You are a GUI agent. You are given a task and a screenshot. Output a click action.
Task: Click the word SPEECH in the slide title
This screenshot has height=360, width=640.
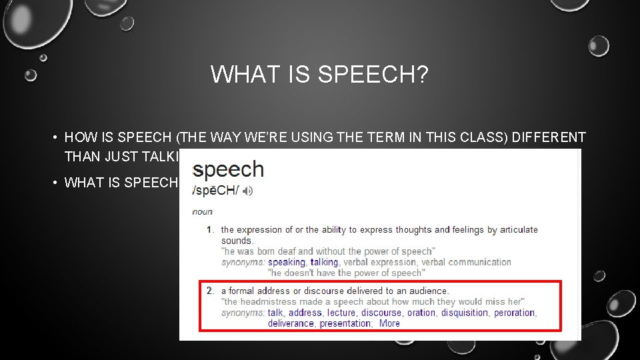(373, 74)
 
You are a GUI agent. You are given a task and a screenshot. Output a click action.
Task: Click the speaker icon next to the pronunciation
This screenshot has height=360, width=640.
(248, 191)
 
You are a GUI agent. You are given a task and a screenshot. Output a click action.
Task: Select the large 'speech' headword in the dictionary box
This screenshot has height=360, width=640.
(229, 169)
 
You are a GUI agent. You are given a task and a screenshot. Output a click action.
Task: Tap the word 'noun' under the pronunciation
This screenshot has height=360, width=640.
(202, 212)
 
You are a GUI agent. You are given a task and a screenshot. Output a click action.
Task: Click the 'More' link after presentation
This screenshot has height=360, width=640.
(389, 323)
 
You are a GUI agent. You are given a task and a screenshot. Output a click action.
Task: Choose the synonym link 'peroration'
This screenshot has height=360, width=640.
(514, 313)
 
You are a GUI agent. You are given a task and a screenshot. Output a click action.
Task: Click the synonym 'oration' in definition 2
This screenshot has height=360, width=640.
(421, 313)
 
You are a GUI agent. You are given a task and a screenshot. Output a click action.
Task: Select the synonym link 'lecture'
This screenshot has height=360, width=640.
(341, 313)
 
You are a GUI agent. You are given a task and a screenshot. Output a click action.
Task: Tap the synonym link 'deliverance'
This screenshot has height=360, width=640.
(291, 323)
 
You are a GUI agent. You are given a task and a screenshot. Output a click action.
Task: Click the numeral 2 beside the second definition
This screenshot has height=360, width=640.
(209, 291)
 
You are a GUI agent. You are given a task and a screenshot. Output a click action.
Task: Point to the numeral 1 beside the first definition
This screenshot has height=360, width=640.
(209, 230)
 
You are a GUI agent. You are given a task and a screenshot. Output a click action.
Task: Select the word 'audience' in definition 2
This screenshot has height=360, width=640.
(428, 291)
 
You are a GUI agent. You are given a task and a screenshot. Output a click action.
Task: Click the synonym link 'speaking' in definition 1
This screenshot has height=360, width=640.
(287, 262)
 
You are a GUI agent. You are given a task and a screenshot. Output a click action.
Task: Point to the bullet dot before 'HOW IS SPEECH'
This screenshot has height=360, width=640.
(52, 139)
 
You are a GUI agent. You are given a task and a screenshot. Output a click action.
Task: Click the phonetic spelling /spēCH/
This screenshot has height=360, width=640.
(214, 191)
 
